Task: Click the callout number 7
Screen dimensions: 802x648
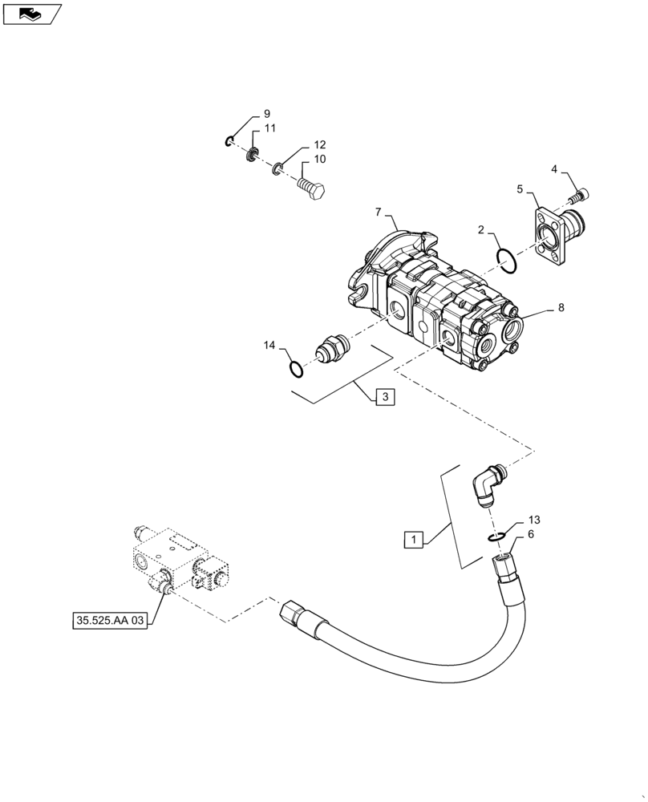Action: coord(377,213)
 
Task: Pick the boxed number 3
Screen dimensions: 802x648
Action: coord(384,397)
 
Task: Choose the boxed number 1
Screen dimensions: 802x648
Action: coord(412,540)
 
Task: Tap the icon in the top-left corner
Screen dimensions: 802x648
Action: coord(31,14)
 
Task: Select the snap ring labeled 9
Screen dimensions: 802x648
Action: coord(229,142)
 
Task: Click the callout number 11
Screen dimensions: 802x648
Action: coord(270,128)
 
